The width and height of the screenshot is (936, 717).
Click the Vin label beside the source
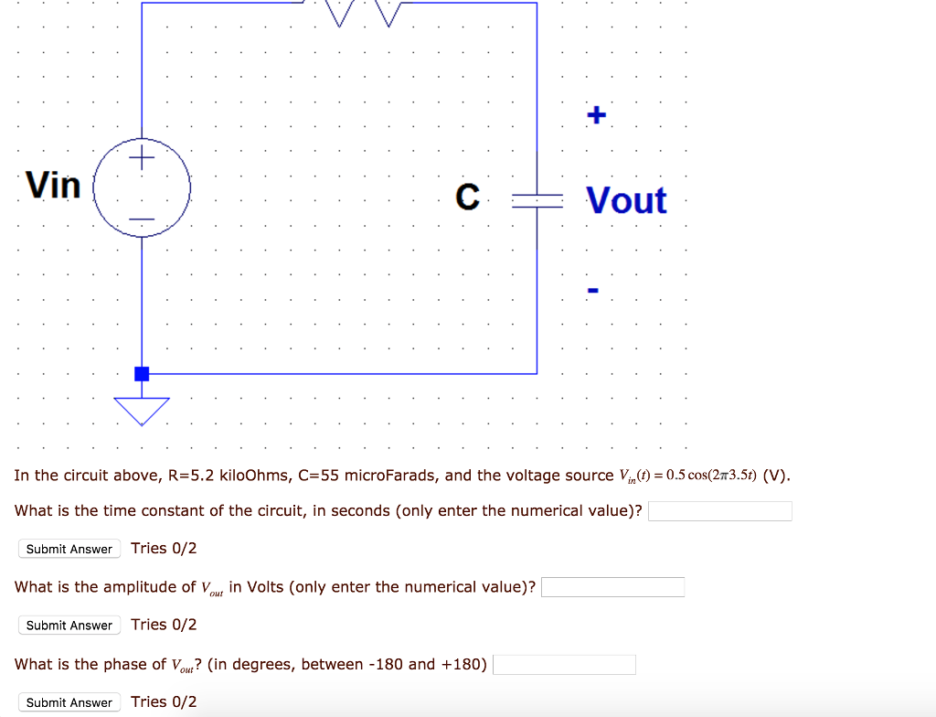click(x=54, y=186)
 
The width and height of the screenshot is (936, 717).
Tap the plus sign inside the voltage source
click(x=142, y=160)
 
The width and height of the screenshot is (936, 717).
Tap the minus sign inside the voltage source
click(x=142, y=219)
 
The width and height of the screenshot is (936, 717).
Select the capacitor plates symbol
click(x=537, y=200)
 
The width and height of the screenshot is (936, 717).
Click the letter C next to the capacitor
click(x=467, y=197)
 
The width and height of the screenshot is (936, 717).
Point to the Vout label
click(x=626, y=200)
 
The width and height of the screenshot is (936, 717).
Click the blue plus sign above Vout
click(x=595, y=115)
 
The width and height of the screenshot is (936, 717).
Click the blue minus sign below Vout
click(x=593, y=292)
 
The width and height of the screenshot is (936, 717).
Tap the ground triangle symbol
click(x=142, y=410)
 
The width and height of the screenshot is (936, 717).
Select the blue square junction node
click(x=142, y=373)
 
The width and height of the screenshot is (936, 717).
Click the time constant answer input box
click(x=719, y=510)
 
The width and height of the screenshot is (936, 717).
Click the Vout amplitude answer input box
click(x=612, y=587)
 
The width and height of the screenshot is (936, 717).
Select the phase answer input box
click(x=564, y=665)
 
